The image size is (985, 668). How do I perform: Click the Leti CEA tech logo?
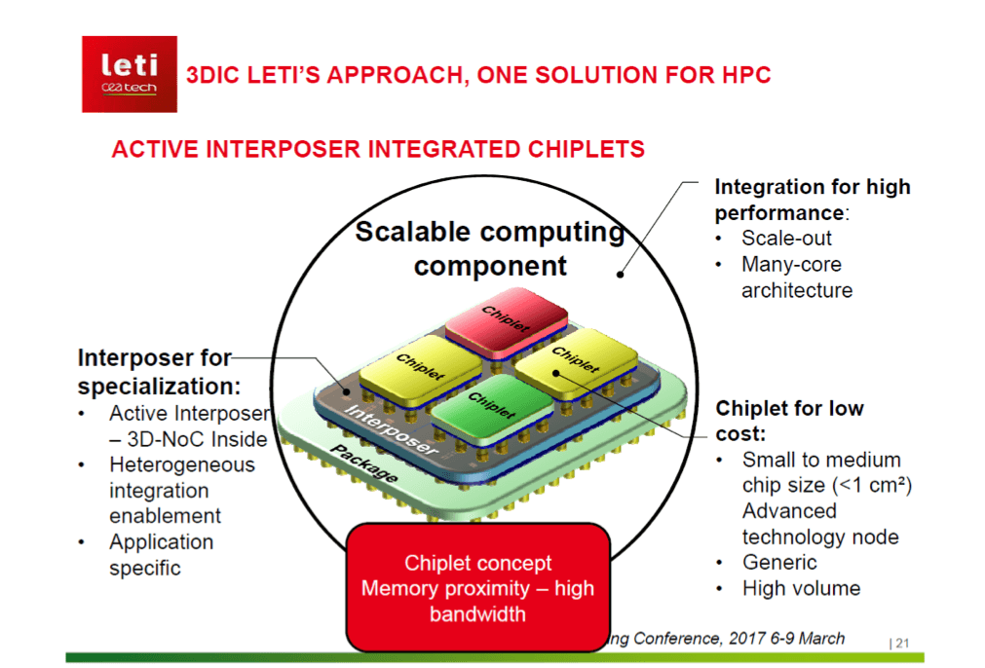pyautogui.click(x=129, y=74)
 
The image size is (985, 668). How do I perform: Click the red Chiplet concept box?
pyautogui.click(x=477, y=587)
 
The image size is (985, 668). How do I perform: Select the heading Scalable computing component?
pyautogui.click(x=489, y=248)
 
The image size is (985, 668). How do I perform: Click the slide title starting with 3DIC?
pyautogui.click(x=478, y=76)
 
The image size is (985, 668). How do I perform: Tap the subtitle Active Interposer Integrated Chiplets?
pyautogui.click(x=378, y=149)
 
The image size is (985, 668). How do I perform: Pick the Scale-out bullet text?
pyautogui.click(x=786, y=239)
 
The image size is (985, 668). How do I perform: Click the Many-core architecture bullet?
pyautogui.click(x=796, y=277)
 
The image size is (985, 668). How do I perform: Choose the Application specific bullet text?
pyautogui.click(x=161, y=554)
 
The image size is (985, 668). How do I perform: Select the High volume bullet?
pyautogui.click(x=801, y=588)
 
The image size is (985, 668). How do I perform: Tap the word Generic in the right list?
pyautogui.click(x=779, y=562)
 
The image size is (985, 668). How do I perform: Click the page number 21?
pyautogui.click(x=901, y=643)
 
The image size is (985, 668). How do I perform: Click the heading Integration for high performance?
pyautogui.click(x=812, y=199)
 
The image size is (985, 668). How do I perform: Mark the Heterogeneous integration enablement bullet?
pyautogui.click(x=181, y=490)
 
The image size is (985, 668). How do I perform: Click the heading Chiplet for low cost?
pyautogui.click(x=789, y=420)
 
